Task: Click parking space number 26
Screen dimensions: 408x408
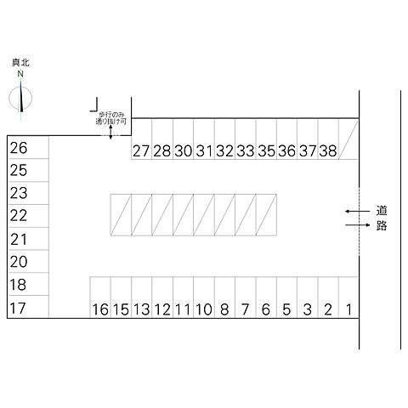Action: click(x=28, y=147)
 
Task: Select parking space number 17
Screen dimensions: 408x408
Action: click(x=28, y=307)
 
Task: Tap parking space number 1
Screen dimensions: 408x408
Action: click(x=348, y=297)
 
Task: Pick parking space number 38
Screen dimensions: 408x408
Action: click(x=328, y=139)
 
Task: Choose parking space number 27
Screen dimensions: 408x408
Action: click(x=141, y=139)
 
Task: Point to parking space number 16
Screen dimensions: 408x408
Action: click(x=100, y=297)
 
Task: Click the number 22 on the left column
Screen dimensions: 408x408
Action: click(x=19, y=216)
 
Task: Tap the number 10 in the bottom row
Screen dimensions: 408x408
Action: click(x=204, y=309)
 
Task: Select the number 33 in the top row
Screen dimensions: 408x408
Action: click(x=246, y=150)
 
